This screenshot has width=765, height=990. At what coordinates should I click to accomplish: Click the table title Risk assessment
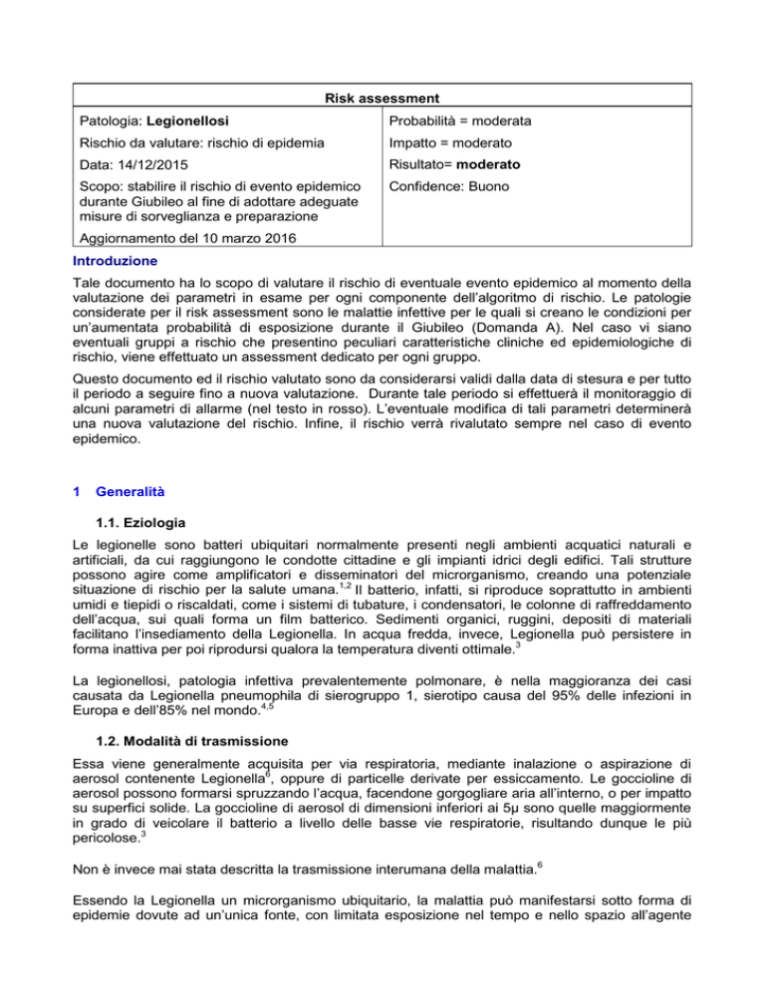pos(382,99)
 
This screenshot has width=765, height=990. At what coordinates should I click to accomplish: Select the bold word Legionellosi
pos(189,121)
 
